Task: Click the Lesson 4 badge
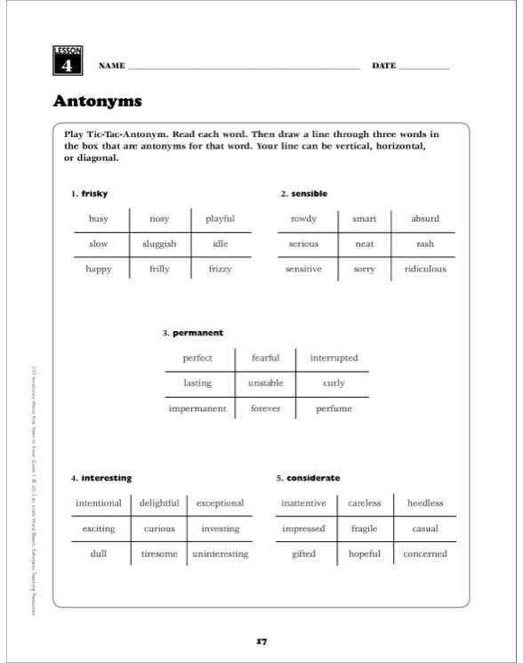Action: pyautogui.click(x=67, y=61)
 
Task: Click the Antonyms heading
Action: pyautogui.click(x=97, y=101)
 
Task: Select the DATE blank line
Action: pyautogui.click(x=424, y=67)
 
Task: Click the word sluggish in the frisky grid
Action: pyautogui.click(x=159, y=244)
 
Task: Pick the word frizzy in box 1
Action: pyautogui.click(x=220, y=269)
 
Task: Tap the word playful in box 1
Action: pyautogui.click(x=220, y=218)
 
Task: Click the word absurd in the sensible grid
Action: pyautogui.click(x=424, y=218)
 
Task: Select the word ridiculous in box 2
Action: pyautogui.click(x=424, y=269)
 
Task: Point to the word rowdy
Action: pyautogui.click(x=303, y=218)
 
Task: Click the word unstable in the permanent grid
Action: pyautogui.click(x=265, y=384)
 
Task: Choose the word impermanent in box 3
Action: pyautogui.click(x=197, y=408)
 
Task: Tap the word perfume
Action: pyautogui.click(x=334, y=408)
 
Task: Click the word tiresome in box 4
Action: pyautogui.click(x=159, y=554)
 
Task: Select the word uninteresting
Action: pyautogui.click(x=221, y=554)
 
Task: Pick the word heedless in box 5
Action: pyautogui.click(x=424, y=503)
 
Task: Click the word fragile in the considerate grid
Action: pyautogui.click(x=364, y=529)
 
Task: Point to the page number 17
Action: pyautogui.click(x=261, y=640)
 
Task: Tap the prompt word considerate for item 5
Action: pyautogui.click(x=313, y=478)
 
